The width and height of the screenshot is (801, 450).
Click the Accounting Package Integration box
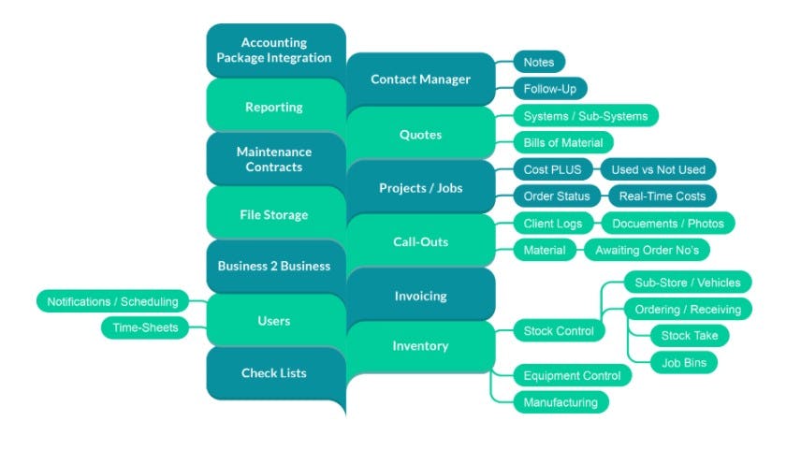(274, 51)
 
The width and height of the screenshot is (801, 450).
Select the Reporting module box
(274, 107)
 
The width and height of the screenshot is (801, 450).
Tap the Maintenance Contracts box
(274, 159)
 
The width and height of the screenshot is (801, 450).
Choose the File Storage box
(274, 214)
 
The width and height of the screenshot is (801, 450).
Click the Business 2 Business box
(274, 266)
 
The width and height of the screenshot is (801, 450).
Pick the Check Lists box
(274, 373)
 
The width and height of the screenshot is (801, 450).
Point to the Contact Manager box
(420, 80)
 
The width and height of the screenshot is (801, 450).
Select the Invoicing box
(420, 296)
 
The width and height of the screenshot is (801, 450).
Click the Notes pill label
(539, 63)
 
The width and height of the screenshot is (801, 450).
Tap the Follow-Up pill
(550, 89)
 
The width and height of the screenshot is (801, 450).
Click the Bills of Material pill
(563, 142)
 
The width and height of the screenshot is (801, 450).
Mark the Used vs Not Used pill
(659, 169)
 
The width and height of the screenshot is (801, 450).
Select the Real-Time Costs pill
(663, 196)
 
